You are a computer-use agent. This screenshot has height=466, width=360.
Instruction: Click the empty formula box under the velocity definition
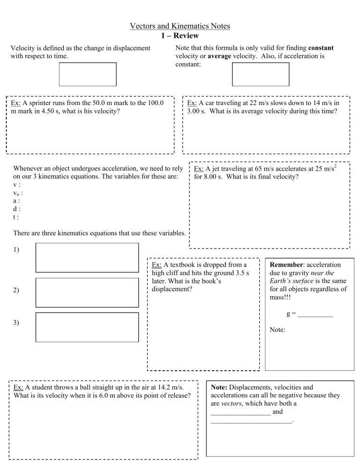(88, 74)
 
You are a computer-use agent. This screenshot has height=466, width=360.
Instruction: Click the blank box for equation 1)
(87, 257)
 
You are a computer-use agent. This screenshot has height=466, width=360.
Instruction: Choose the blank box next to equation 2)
(87, 292)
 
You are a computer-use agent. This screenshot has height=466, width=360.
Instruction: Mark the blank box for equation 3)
(87, 327)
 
